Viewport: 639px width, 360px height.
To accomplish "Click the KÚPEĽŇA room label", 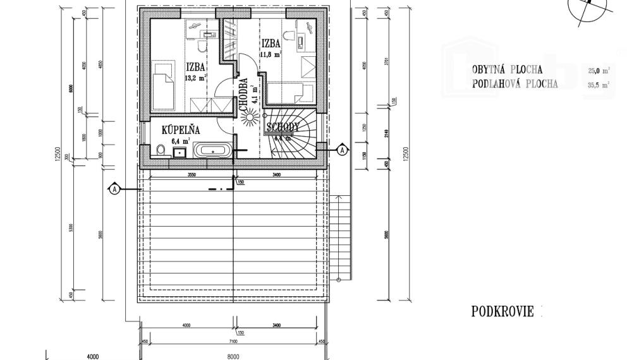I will (181, 130).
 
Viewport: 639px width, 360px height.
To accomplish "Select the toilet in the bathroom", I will (161, 150).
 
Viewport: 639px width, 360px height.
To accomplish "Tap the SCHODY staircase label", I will (283, 127).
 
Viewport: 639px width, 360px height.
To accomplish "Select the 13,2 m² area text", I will (195, 79).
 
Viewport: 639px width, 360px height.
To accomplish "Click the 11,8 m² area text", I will (271, 54).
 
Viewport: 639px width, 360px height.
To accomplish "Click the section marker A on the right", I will (342, 150).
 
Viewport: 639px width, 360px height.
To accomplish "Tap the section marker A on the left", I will (114, 189).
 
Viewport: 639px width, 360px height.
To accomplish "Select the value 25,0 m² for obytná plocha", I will (599, 71).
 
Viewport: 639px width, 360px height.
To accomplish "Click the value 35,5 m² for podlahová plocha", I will (599, 85).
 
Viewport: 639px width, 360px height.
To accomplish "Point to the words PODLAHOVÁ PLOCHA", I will (514, 85).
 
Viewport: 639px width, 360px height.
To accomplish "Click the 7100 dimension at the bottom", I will (233, 342).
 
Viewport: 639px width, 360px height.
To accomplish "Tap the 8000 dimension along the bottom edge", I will (233, 356).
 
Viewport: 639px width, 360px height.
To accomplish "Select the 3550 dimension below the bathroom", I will (186, 174).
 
